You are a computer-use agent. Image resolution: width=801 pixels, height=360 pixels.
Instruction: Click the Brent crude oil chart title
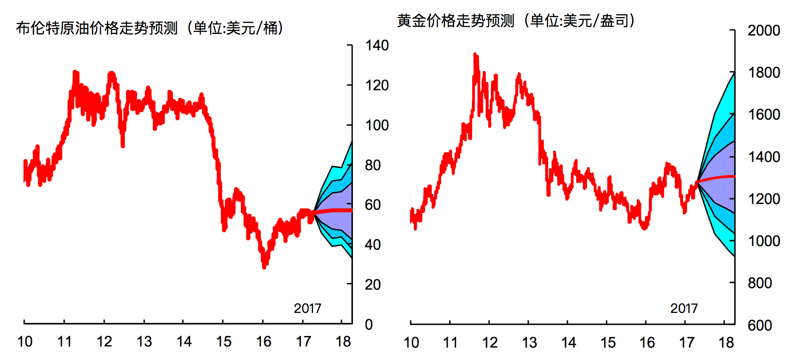(x=149, y=28)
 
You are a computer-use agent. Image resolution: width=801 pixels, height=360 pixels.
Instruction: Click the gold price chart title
(x=515, y=21)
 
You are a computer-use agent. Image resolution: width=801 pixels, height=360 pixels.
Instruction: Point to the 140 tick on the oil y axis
(x=377, y=45)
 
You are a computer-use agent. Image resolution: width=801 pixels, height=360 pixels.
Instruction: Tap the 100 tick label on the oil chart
(x=377, y=125)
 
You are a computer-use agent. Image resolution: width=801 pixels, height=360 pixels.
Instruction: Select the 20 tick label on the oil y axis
(x=372, y=285)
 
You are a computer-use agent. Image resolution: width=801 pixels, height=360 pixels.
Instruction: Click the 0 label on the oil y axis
(x=369, y=324)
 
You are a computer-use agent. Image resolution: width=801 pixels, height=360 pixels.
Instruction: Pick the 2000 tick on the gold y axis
(x=764, y=30)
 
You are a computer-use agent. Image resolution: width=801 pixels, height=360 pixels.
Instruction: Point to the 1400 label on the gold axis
(x=764, y=157)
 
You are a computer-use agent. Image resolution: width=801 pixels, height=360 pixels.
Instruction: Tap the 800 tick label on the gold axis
(x=759, y=283)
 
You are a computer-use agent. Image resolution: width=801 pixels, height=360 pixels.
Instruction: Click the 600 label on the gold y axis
(x=759, y=325)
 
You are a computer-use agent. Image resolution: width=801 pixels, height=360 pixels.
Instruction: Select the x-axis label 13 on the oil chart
(x=144, y=342)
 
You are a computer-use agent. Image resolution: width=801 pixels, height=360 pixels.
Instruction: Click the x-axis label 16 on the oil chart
(x=263, y=342)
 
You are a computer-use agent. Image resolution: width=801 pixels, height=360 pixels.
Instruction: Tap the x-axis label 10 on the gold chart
(x=411, y=342)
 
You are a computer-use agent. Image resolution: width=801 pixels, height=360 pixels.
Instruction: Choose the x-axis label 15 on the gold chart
(x=608, y=342)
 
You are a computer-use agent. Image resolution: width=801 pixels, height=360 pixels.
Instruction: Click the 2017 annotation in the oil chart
(x=307, y=308)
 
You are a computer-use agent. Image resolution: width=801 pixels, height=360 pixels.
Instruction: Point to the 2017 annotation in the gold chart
(x=684, y=308)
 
